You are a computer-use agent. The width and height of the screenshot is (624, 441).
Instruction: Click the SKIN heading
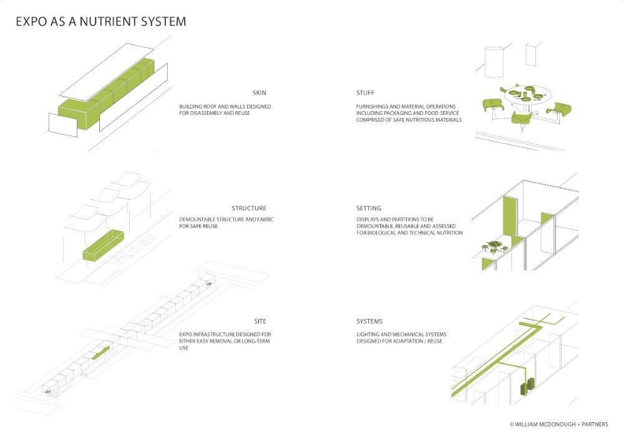(x=259, y=93)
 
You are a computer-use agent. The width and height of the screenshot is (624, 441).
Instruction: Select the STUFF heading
(x=365, y=93)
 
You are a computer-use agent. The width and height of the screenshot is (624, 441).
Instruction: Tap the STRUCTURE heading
(x=248, y=208)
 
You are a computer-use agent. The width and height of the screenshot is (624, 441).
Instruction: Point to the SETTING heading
(x=369, y=208)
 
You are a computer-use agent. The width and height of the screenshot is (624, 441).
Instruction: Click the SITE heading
(x=260, y=321)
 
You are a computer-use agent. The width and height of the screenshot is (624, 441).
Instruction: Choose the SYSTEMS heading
(x=369, y=321)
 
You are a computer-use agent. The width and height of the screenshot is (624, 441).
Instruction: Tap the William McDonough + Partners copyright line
(x=558, y=424)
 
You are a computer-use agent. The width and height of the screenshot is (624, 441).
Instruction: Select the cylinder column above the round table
(x=494, y=63)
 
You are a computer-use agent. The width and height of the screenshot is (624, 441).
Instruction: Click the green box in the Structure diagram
(x=102, y=246)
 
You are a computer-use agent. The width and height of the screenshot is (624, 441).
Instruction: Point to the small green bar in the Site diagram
(x=100, y=353)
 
